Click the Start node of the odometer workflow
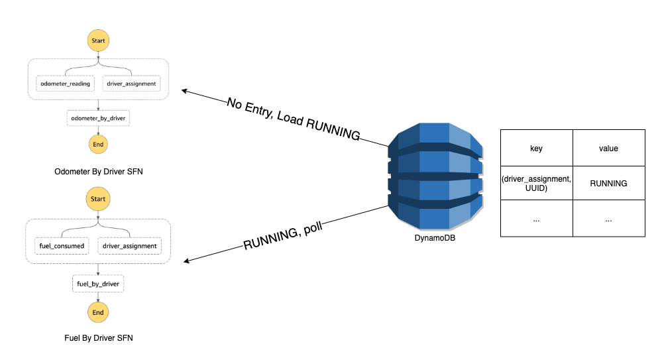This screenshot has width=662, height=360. coord(98,40)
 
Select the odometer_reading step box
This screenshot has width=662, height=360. coord(65,84)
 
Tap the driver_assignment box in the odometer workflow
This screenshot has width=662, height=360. coord(131,84)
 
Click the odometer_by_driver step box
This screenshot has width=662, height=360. coord(98,119)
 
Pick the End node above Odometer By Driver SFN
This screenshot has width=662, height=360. coord(98,144)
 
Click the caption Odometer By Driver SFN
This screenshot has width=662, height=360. coord(98,172)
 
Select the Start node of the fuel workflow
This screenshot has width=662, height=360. coord(98,199)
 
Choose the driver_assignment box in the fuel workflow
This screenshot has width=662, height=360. coord(131,246)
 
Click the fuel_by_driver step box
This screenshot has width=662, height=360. coord(98,284)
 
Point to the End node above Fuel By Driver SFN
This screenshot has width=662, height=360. coord(98,312)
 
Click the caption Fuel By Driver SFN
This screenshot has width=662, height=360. coord(98,338)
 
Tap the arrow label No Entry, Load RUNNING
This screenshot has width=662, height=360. coord(294,120)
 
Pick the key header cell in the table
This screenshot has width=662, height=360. coord(537,149)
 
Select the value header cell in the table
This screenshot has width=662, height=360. coord(608,149)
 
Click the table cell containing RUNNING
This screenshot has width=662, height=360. coord(608,184)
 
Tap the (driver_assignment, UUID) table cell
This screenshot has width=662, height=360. coord(537,184)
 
